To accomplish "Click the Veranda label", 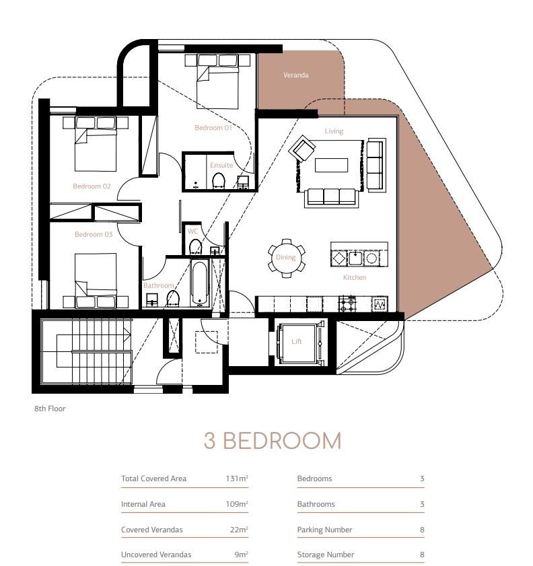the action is (295, 75).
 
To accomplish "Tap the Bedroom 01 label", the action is (213, 128).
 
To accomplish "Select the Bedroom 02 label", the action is (92, 186).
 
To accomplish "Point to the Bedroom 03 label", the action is (94, 234).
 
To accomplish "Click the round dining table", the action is (286, 258).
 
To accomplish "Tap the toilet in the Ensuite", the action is (218, 181).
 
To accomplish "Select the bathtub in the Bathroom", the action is (200, 283).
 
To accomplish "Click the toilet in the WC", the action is (195, 247).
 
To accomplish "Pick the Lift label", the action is (297, 341).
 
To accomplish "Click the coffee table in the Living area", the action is (331, 166).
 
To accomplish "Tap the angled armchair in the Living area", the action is (302, 148).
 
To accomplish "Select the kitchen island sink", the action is (355, 258).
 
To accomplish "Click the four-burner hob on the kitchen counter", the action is (347, 304).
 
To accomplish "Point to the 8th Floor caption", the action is (50, 409).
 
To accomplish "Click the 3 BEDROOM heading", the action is (273, 441).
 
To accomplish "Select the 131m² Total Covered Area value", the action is (237, 479).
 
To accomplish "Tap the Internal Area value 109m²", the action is (237, 504).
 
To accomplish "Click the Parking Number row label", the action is (324, 530).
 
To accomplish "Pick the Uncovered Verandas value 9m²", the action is (241, 555).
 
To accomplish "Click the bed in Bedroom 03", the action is (96, 281).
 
